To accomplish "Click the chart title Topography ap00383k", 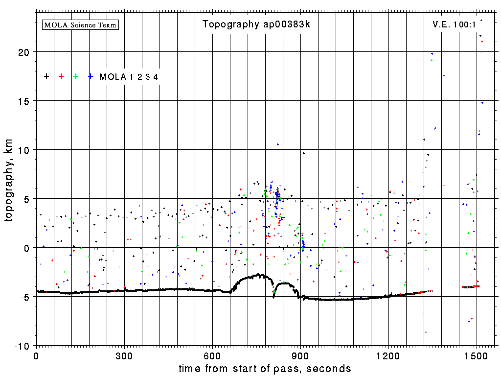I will click(256, 24).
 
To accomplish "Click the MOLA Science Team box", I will click(81, 24).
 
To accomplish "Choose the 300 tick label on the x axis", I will click(124, 355).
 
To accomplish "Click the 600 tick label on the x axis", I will click(212, 355).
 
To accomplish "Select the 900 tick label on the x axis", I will click(300, 355).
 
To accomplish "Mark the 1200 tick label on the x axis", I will click(388, 355).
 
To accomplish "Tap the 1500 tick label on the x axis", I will click(477, 355).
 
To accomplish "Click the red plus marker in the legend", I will click(61, 76).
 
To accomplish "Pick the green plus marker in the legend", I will click(76, 76).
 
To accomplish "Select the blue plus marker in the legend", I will click(91, 76).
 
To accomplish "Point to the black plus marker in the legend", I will click(46, 76).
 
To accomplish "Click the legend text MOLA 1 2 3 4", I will click(129, 77).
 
